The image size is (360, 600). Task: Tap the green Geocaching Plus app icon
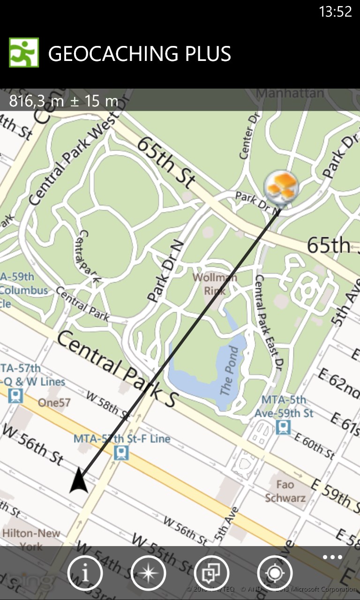click(24, 52)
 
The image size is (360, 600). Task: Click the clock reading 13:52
click(335, 12)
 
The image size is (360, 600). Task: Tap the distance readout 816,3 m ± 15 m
click(64, 100)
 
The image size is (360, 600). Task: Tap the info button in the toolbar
click(85, 573)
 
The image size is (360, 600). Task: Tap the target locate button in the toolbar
click(275, 573)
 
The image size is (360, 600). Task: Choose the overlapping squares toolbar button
click(211, 573)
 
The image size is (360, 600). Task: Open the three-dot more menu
click(332, 557)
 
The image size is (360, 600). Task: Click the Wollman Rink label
click(215, 284)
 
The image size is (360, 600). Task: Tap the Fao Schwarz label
click(285, 491)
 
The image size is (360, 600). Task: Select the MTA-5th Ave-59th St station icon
click(283, 427)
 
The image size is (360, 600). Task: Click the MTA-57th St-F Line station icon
click(121, 452)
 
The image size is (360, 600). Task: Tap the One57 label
click(54, 403)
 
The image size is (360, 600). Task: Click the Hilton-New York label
click(31, 540)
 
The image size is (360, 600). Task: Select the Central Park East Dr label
click(268, 323)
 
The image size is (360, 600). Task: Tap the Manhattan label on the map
click(290, 93)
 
